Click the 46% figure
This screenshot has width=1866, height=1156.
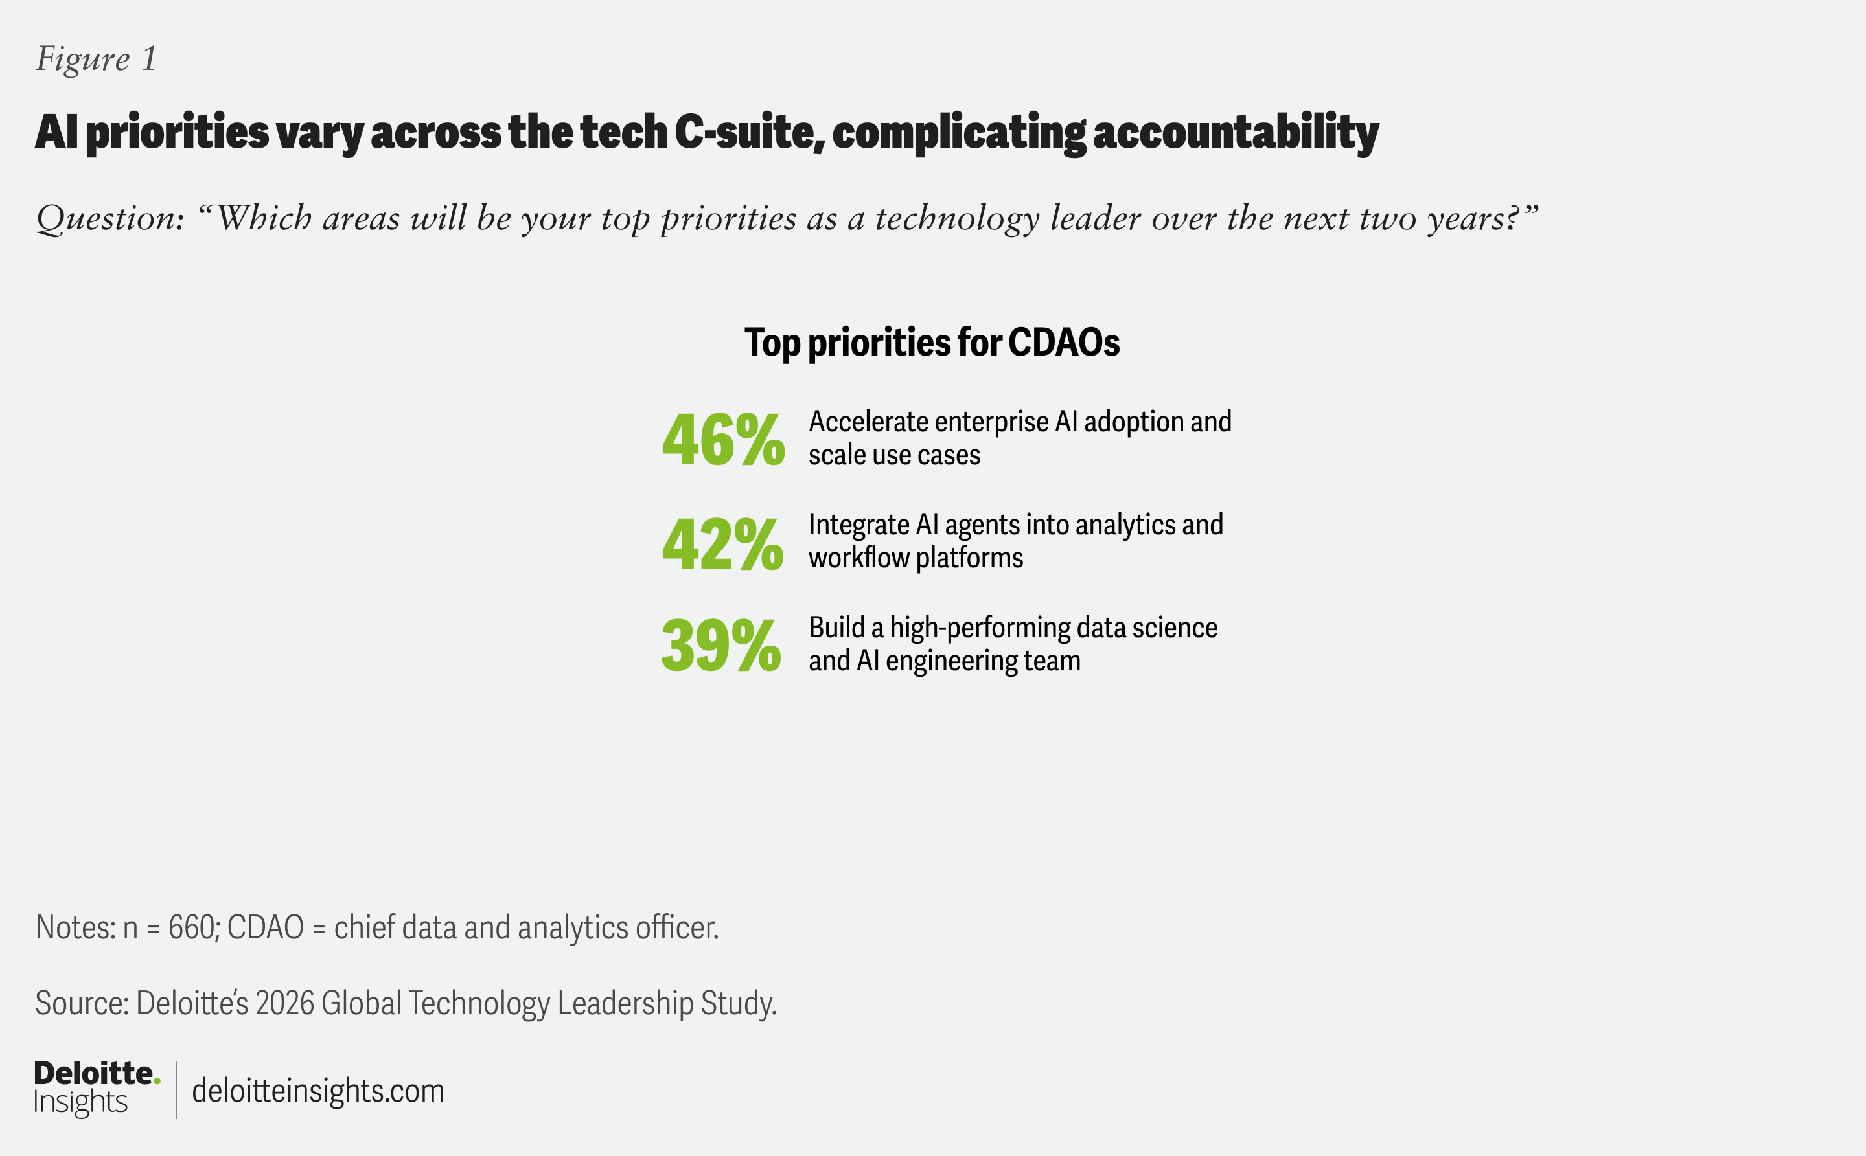tap(724, 440)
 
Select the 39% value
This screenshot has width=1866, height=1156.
tap(721, 646)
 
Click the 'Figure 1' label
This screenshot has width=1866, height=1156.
tap(97, 60)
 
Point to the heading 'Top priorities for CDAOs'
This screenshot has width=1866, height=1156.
tap(932, 343)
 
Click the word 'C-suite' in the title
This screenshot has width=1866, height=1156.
tap(750, 131)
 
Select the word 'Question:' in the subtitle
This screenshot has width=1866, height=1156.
tap(110, 220)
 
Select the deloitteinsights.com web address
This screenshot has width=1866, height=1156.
tap(318, 1091)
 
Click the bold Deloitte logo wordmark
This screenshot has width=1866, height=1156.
tap(93, 1074)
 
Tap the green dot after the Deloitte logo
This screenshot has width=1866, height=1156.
tap(157, 1081)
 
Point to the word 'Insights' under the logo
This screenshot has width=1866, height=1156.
tap(80, 1102)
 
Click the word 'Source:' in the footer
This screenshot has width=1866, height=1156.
tap(82, 1003)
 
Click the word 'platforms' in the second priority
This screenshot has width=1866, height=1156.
tap(970, 559)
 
